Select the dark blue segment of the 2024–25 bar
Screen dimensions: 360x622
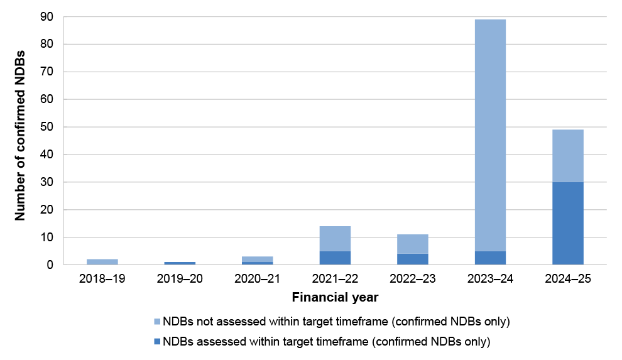coord(568,223)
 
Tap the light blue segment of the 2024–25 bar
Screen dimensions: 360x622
coord(568,156)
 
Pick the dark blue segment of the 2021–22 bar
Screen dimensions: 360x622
coord(335,258)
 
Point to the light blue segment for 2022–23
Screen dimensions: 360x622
coord(413,244)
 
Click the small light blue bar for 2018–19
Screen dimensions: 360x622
coord(102,262)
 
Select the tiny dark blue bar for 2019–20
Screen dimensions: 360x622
coord(180,263)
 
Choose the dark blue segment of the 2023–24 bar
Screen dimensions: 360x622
coord(490,258)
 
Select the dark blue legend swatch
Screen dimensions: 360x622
coord(156,342)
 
